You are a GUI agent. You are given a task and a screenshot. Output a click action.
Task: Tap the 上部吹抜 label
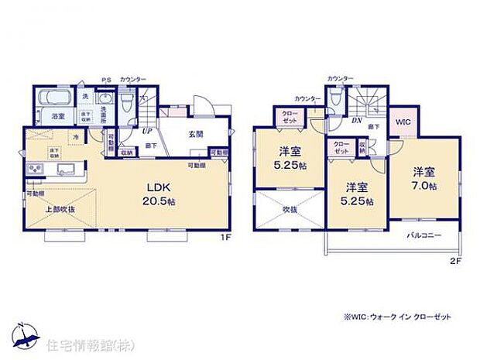(59, 210)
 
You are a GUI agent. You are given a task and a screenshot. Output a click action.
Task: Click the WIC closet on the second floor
(403, 122)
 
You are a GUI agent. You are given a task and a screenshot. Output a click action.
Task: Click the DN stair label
(358, 121)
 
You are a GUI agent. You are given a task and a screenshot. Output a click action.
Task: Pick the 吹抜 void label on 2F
(290, 208)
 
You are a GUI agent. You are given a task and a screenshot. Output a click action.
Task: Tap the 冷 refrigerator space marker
(76, 138)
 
